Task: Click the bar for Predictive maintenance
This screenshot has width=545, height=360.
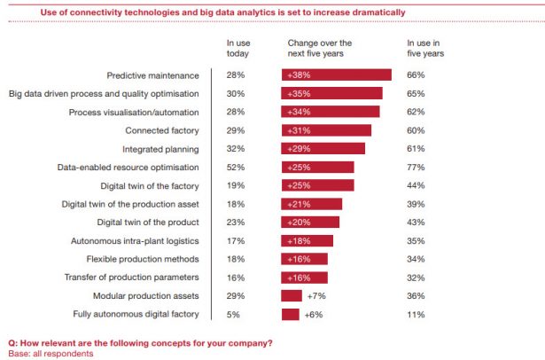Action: (336, 75)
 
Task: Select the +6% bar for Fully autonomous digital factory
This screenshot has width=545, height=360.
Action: (291, 314)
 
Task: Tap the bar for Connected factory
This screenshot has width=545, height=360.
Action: (326, 130)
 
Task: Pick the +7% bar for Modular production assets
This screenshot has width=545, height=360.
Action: (292, 295)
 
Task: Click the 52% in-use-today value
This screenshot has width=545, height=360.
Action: (235, 167)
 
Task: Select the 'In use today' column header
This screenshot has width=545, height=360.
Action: (238, 48)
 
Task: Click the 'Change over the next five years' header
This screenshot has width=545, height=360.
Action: (319, 48)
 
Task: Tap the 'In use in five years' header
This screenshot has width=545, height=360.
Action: (424, 48)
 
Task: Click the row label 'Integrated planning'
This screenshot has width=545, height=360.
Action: (160, 149)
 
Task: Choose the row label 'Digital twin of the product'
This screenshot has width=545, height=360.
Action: (147, 222)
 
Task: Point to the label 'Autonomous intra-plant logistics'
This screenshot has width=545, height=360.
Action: (135, 240)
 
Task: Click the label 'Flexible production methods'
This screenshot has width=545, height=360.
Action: (142, 259)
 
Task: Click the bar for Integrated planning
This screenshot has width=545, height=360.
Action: (323, 149)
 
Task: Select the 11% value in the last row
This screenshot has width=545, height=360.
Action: (415, 314)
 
